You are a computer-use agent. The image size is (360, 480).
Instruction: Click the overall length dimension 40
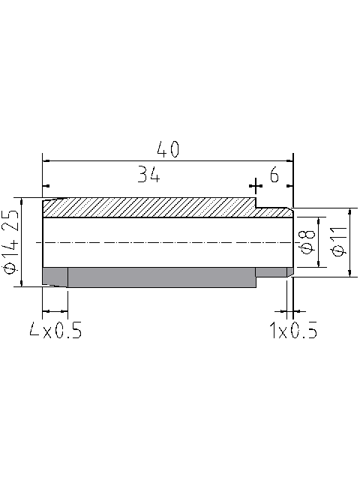pos(169,148)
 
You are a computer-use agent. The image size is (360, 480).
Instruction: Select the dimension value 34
pos(149,175)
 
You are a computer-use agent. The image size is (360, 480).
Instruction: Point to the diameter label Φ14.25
pos(10,241)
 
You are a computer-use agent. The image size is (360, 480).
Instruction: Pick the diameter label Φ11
pos(338,242)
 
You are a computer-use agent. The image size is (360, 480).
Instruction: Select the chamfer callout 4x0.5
pos(55,331)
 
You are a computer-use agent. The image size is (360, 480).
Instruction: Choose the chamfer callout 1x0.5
pos(292,331)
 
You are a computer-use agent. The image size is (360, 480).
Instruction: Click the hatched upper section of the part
pos(150,208)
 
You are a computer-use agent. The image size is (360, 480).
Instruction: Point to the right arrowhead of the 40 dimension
pos(290,160)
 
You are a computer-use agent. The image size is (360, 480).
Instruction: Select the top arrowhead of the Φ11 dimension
pos(350,211)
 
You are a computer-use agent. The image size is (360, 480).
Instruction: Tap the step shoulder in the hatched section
pos(256,203)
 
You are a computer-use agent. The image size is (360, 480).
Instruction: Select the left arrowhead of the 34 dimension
pos(46,185)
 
